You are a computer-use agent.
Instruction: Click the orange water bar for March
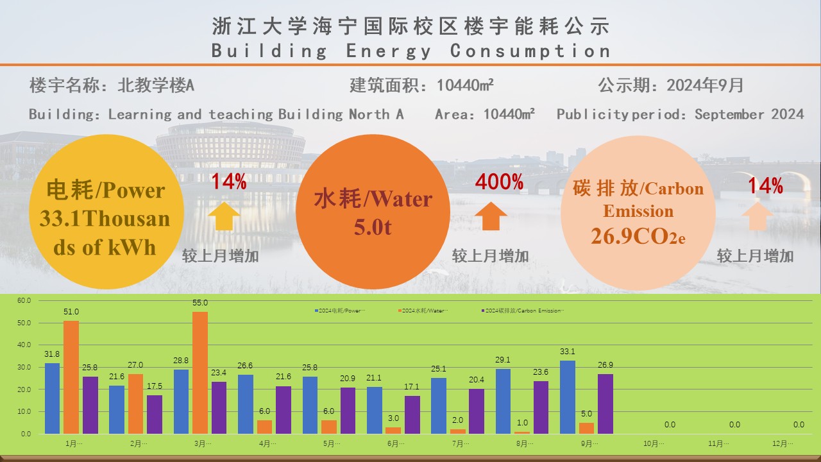200,373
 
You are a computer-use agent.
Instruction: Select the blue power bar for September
568,397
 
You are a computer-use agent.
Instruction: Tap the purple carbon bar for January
90,405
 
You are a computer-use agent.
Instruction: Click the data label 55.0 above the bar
200,302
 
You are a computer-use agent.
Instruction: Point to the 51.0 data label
71,312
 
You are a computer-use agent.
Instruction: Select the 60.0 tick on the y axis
24,300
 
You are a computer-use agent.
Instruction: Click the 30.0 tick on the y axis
24,367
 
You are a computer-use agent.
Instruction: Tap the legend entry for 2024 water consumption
423,311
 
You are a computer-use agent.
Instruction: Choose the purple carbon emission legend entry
523,311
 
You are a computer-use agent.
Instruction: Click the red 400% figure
499,182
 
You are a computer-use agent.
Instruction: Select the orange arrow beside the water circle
491,216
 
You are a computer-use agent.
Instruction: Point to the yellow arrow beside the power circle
224,216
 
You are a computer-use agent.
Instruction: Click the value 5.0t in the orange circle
373,227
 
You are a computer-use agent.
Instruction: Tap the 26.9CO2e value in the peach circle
638,236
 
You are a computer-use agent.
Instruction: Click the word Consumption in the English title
530,51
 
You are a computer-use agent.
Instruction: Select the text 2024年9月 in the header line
705,85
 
